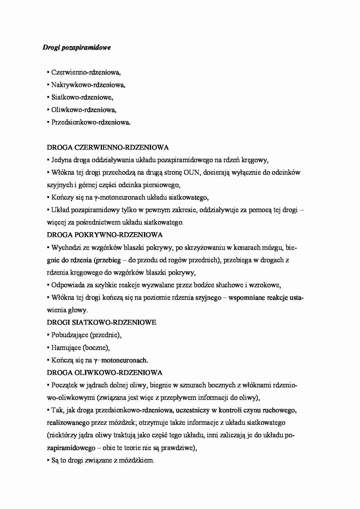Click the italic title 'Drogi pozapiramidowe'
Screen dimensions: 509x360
[x=77, y=48]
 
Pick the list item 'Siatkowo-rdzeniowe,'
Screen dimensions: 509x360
[x=82, y=98]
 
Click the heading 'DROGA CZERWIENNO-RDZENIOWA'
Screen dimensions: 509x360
[x=108, y=147]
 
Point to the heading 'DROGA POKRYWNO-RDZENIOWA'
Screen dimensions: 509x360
[x=105, y=235]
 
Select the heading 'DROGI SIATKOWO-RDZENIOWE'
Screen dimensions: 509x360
[x=102, y=322]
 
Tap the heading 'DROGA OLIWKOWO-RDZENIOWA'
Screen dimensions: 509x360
[x=105, y=372]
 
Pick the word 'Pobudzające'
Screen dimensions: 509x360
[x=70, y=335]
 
